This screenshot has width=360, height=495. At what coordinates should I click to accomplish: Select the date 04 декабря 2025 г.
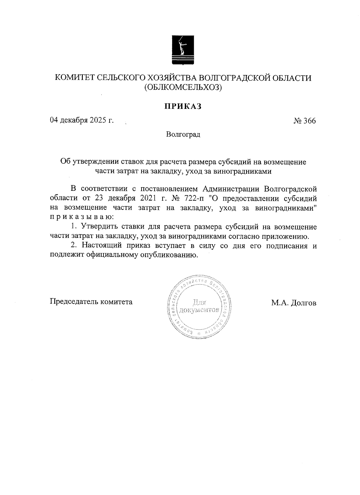point(82,121)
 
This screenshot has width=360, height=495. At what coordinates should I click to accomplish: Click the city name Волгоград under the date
point(183,134)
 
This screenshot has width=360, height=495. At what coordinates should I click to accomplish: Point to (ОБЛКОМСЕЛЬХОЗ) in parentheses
point(183,88)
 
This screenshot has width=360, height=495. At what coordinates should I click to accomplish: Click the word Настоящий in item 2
point(101,246)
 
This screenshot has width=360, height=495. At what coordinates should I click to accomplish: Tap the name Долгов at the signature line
point(304,303)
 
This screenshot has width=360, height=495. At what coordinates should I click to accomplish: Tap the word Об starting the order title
point(65,162)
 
